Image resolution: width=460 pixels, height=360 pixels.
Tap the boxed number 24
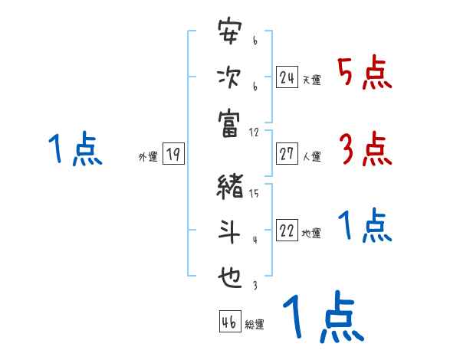coord(287,77)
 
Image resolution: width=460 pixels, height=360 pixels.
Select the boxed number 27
coord(287,153)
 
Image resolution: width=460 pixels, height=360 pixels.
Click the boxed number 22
coord(287,231)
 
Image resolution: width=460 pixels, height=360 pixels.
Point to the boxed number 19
coord(172,154)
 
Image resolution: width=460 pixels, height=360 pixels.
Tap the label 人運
coord(311,156)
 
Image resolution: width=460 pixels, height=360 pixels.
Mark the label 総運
coord(254,325)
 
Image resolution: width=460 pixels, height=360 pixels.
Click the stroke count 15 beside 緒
coord(254,194)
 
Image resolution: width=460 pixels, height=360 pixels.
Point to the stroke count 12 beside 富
coord(255,132)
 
